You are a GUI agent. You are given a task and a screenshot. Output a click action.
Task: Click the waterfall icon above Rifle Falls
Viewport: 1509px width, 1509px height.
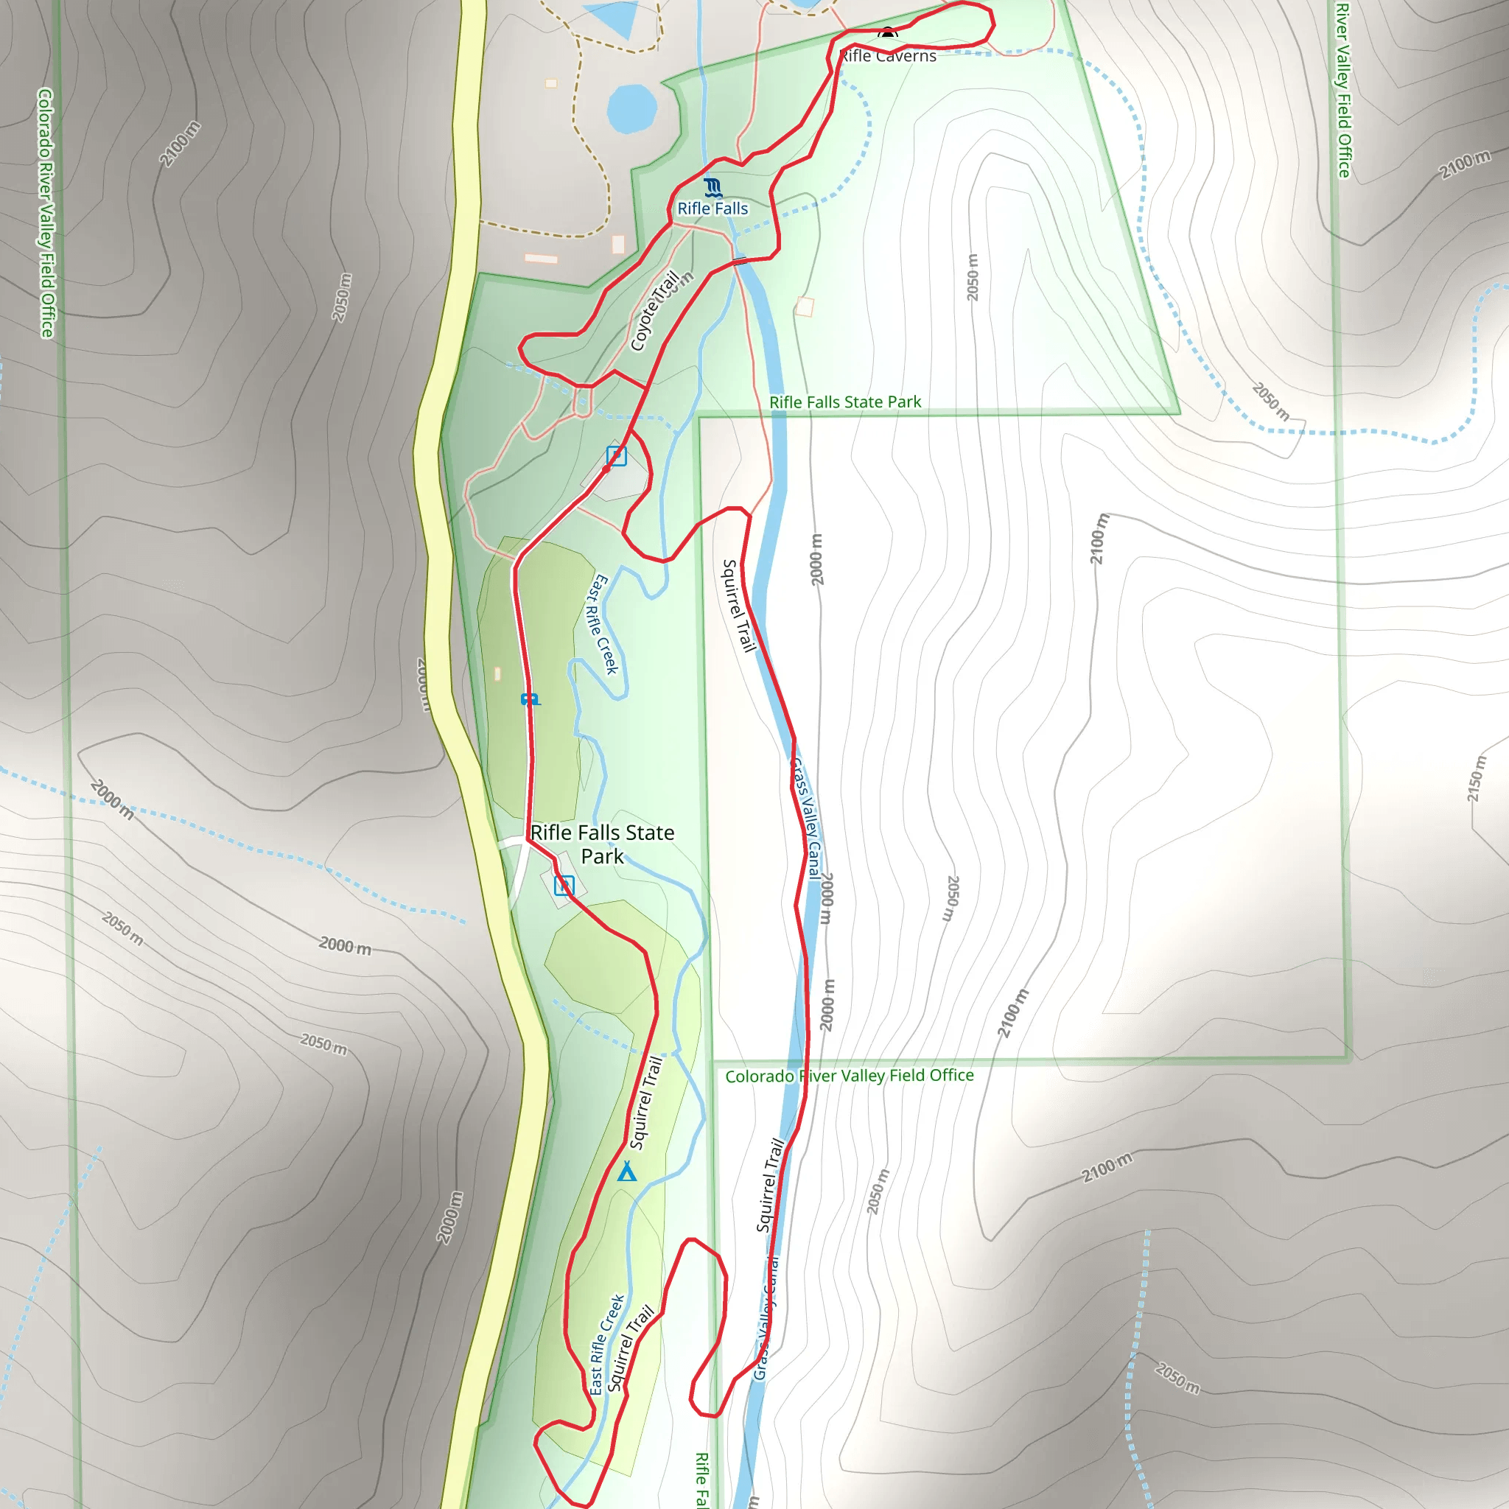point(713,187)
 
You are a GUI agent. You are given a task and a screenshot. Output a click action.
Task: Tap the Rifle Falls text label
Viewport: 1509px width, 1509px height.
point(713,209)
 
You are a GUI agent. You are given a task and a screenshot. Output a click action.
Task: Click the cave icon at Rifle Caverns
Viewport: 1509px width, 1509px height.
point(887,34)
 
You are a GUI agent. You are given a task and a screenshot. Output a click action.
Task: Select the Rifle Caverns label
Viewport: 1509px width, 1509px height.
point(888,55)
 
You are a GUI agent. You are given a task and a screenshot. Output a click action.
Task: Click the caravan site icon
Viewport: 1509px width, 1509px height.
point(531,699)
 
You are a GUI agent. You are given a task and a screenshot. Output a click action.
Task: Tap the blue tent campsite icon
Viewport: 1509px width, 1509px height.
point(626,1172)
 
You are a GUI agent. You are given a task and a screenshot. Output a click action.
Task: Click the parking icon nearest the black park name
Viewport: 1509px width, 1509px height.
point(564,886)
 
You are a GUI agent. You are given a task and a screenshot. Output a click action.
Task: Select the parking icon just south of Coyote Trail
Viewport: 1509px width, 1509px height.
point(616,456)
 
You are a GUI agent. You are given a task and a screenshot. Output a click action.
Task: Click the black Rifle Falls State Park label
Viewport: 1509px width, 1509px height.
point(602,844)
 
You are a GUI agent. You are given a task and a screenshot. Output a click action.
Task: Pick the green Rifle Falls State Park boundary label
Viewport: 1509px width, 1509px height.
point(845,402)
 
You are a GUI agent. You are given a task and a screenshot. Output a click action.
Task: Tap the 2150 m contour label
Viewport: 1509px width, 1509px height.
point(1474,779)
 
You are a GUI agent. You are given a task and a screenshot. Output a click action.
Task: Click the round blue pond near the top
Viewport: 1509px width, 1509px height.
point(632,108)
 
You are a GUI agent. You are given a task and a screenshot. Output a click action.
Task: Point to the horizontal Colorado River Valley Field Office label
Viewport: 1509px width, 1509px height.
point(849,1076)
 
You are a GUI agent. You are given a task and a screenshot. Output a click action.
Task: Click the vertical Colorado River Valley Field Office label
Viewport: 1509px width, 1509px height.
point(46,212)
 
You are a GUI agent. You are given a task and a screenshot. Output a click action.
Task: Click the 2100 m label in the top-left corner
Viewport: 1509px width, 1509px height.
point(181,144)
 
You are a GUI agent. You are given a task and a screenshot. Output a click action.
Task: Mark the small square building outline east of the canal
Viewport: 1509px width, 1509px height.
point(805,307)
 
